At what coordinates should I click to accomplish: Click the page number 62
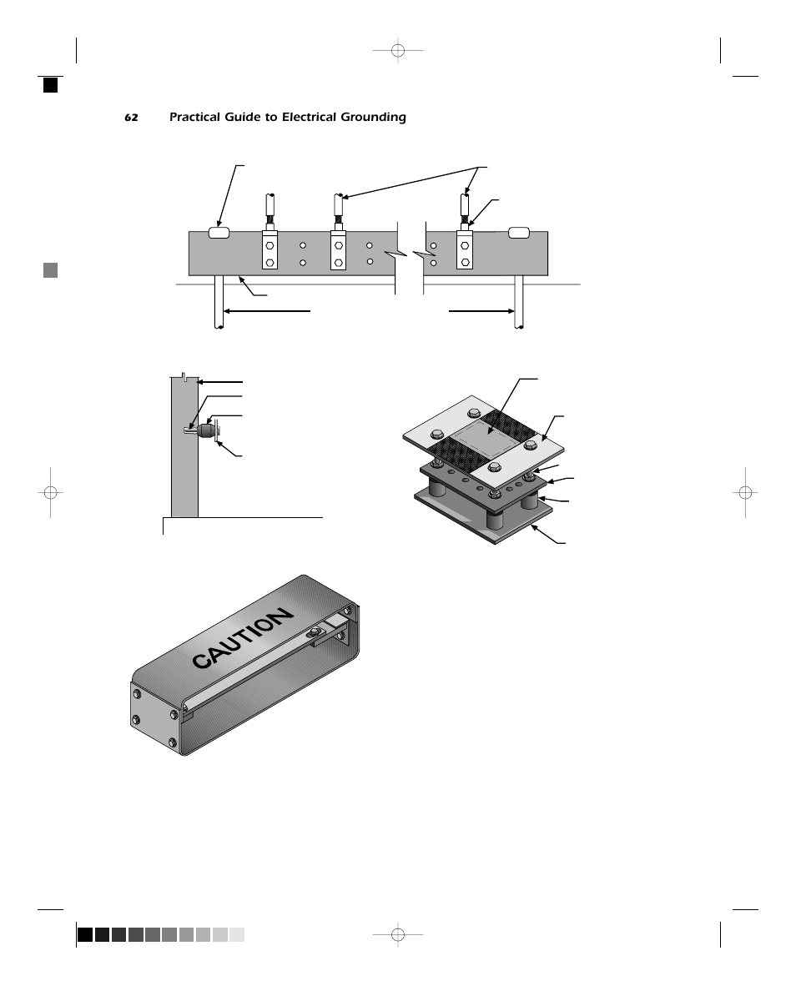pyautogui.click(x=131, y=118)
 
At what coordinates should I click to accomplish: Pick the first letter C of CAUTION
pyautogui.click(x=202, y=661)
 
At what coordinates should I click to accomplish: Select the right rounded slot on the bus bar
pyautogui.click(x=519, y=233)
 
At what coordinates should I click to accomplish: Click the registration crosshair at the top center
pyautogui.click(x=398, y=52)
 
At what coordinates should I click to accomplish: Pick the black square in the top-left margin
pyautogui.click(x=51, y=84)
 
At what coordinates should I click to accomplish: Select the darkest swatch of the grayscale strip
pyautogui.click(x=84, y=934)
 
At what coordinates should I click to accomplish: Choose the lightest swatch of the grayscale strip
pyautogui.click(x=237, y=934)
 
